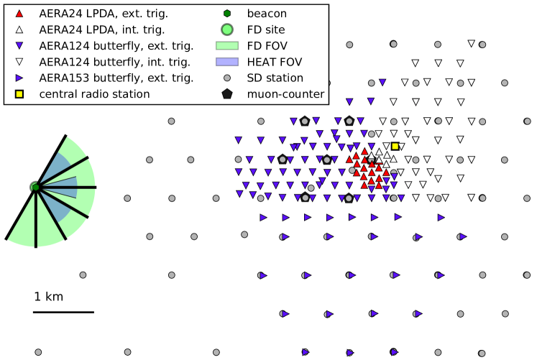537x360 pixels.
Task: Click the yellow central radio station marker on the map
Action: point(395,146)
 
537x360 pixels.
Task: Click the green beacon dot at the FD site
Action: point(35,188)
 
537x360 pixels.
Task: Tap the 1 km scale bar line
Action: point(63,312)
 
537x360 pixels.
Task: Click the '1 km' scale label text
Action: point(49,296)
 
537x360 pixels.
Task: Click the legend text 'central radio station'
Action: point(94,93)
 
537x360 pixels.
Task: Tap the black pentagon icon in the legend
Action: point(227,93)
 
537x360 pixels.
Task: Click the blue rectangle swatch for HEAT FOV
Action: point(227,62)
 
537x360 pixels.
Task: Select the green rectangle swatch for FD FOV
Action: point(227,46)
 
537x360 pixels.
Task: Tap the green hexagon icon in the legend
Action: point(227,14)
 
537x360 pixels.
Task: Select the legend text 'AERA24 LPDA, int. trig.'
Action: point(102,29)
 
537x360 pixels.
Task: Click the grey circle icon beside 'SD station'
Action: point(227,78)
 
